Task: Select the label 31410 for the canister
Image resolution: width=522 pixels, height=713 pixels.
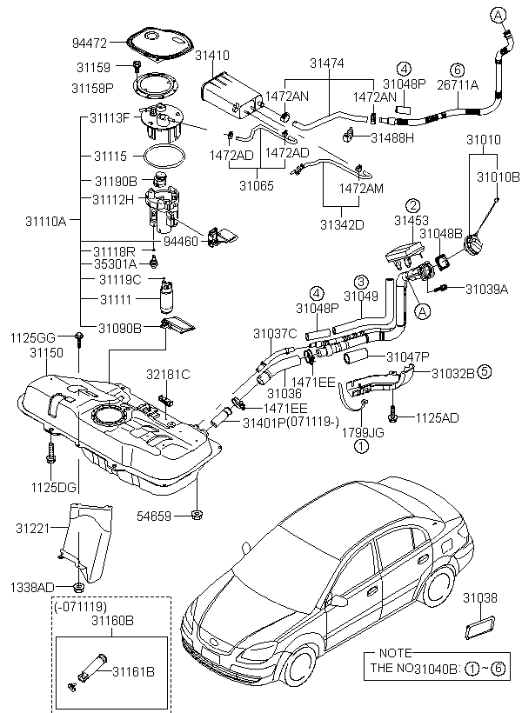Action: [x=212, y=55]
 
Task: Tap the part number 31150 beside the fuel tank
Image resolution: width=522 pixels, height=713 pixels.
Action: [x=46, y=353]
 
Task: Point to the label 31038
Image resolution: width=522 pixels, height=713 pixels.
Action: [x=479, y=597]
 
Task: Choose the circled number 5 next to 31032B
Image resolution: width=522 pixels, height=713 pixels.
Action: [x=484, y=371]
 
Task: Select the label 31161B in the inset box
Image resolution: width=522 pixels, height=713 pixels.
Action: [x=136, y=671]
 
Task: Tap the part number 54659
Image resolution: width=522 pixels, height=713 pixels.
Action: [x=155, y=516]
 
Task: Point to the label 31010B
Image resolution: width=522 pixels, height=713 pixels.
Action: [x=498, y=177]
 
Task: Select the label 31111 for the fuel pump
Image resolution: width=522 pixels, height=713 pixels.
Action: [x=115, y=299]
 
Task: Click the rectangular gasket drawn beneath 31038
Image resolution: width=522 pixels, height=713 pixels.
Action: [x=478, y=628]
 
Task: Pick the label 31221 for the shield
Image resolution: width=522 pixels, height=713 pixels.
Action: [x=32, y=527]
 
